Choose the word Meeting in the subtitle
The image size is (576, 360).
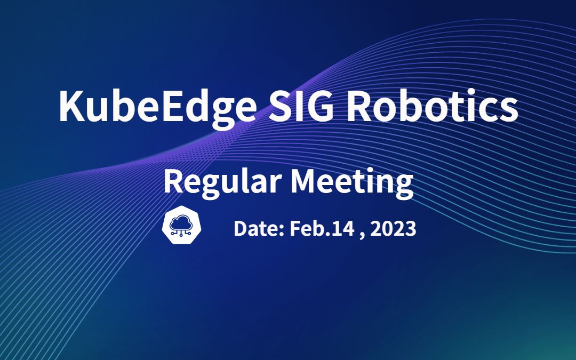(x=352, y=182)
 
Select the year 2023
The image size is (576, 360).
(x=393, y=229)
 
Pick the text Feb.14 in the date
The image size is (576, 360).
(x=322, y=229)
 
